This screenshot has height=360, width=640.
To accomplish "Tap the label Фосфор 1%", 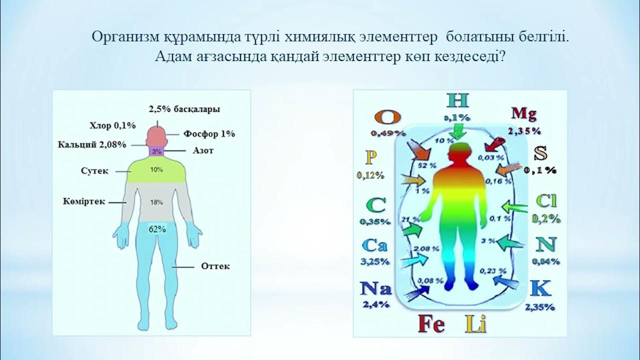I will pyautogui.click(x=209, y=134).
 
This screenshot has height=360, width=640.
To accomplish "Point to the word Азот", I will pyautogui.click(x=202, y=150).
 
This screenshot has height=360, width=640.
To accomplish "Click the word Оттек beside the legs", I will pyautogui.click(x=215, y=266).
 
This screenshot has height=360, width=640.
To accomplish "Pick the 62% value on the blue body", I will pyautogui.click(x=157, y=229).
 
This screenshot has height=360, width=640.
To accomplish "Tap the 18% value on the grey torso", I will pyautogui.click(x=156, y=202).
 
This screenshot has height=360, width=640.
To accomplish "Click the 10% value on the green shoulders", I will pyautogui.click(x=156, y=170).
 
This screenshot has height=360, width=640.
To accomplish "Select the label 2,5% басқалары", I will pyautogui.click(x=184, y=108).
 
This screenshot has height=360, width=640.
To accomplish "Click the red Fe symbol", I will pyautogui.click(x=431, y=324).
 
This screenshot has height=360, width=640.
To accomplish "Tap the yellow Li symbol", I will pyautogui.click(x=475, y=324).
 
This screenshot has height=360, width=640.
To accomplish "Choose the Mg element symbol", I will pyautogui.click(x=523, y=114).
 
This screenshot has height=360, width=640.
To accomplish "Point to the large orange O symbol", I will pyautogui.click(x=387, y=117).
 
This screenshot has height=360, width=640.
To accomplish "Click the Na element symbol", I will pyautogui.click(x=375, y=288).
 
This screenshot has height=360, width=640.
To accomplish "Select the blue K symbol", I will pyautogui.click(x=540, y=288).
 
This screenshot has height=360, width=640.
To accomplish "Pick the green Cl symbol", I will pyautogui.click(x=546, y=201).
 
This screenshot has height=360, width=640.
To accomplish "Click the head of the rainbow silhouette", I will pyautogui.click(x=459, y=151).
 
